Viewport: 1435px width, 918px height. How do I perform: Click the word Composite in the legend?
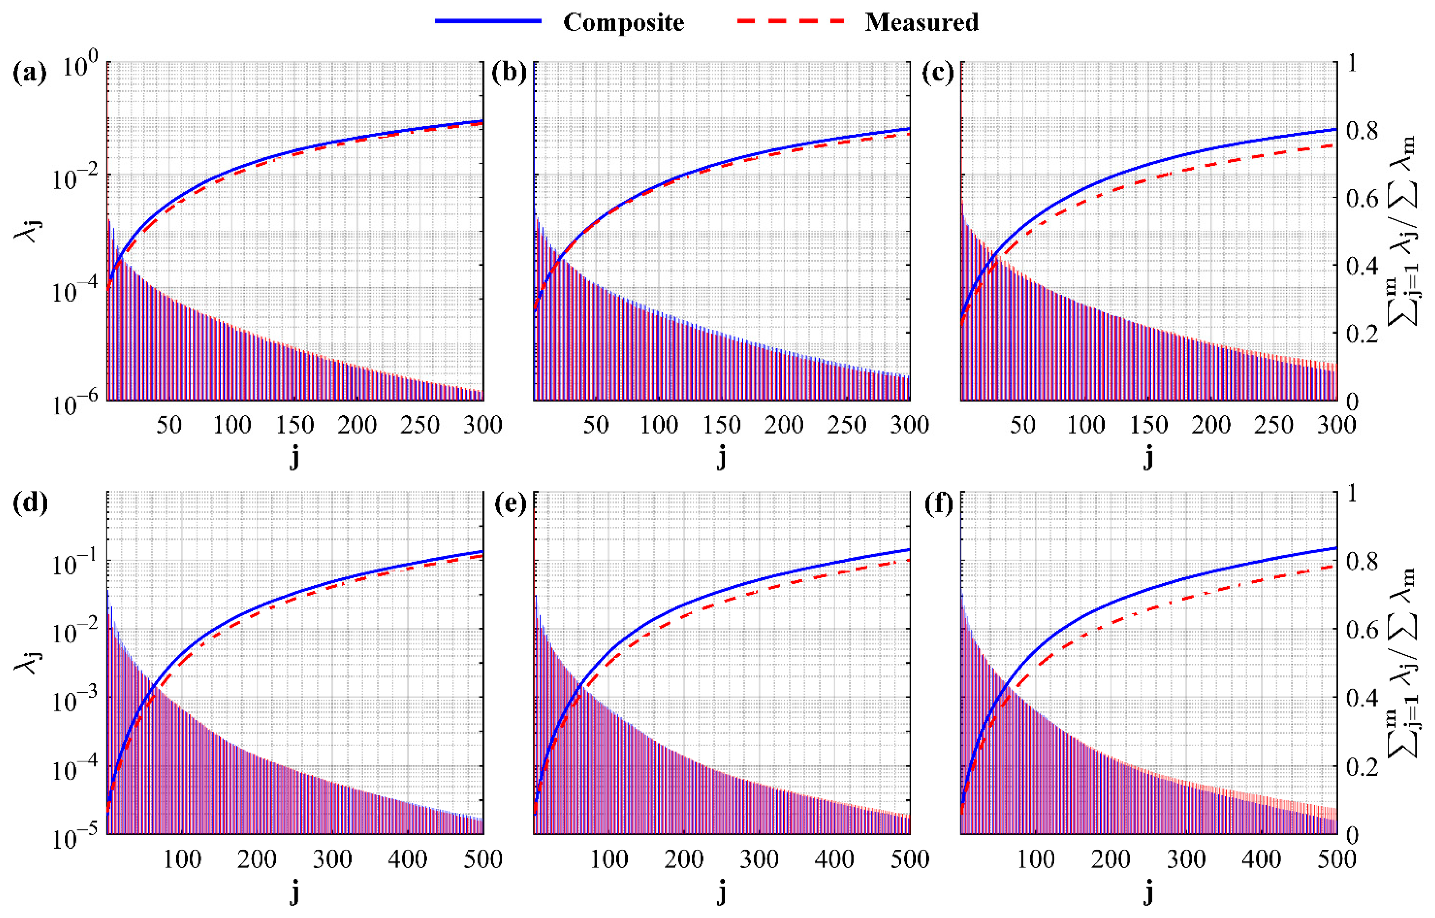pos(623,23)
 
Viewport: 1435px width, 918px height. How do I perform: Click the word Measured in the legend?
pos(921,23)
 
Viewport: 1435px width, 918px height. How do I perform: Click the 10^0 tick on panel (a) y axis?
pos(80,67)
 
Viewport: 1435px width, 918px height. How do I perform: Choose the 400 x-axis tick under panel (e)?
pos(834,860)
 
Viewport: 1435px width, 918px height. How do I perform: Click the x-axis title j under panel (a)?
pos(294,458)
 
